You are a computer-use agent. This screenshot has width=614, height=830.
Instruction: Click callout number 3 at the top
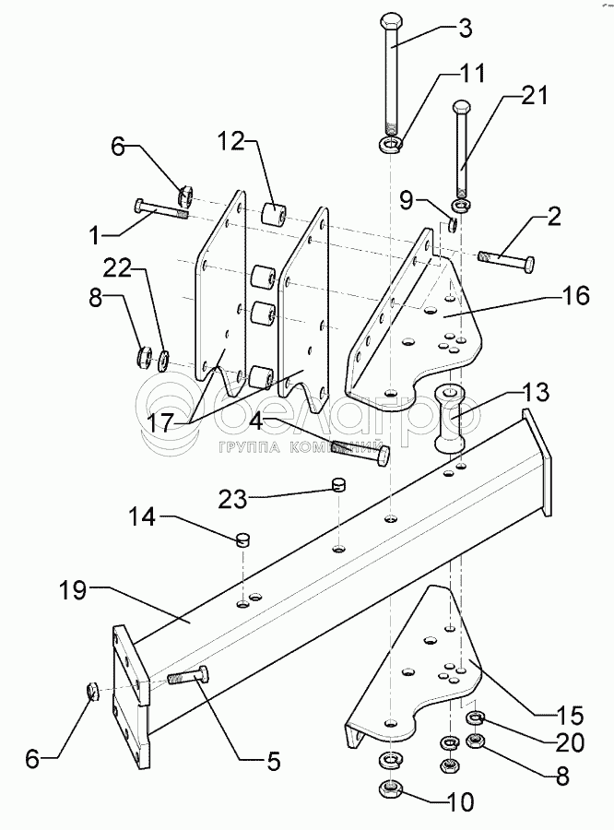click(465, 29)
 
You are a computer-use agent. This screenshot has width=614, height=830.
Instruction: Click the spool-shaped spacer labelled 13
click(454, 417)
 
